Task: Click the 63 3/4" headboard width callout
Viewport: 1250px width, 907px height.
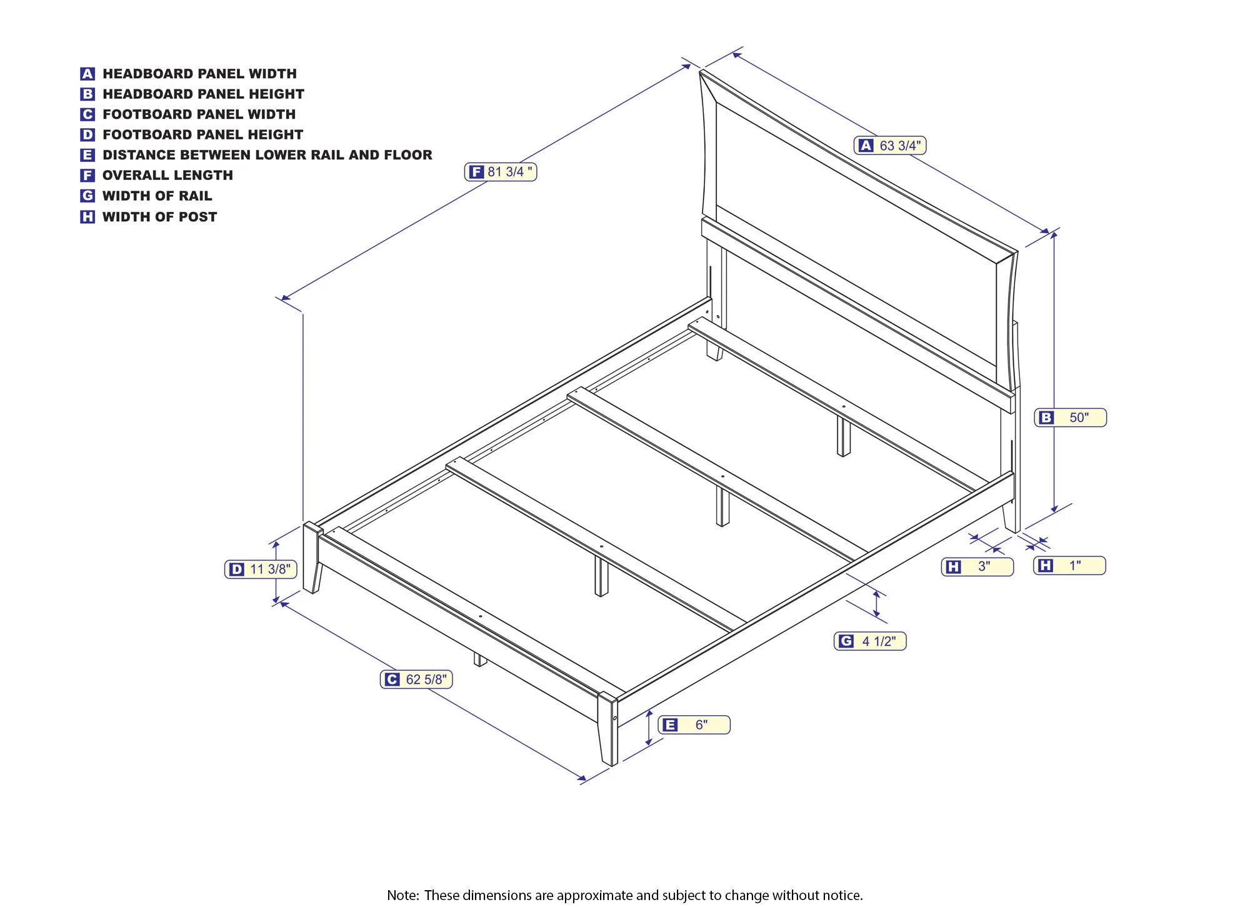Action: tap(889, 146)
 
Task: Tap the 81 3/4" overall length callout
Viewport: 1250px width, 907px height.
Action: tap(501, 172)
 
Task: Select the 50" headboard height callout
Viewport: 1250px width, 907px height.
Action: tap(1070, 418)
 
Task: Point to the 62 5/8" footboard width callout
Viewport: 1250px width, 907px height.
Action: tap(416, 679)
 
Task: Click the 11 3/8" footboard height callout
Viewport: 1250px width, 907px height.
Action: tap(261, 569)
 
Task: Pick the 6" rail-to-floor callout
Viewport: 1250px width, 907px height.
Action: tap(694, 725)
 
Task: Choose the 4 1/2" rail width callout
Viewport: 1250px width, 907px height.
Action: tap(870, 641)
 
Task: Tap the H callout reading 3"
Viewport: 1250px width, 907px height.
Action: tap(977, 567)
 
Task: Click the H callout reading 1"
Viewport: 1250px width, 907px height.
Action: tap(1069, 566)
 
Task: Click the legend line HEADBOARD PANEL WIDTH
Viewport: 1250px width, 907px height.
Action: tap(199, 74)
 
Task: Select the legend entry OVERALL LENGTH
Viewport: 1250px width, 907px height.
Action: tap(167, 176)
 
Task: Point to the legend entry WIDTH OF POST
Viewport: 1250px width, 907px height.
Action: tap(159, 217)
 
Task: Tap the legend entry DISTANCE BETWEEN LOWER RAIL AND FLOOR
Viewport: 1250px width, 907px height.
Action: tap(267, 155)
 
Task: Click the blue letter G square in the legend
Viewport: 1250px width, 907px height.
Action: tap(87, 196)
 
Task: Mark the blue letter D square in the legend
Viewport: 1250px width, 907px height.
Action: tap(87, 135)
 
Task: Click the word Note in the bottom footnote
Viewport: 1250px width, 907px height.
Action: tap(402, 895)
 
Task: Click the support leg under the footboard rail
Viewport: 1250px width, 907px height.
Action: tap(479, 659)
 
